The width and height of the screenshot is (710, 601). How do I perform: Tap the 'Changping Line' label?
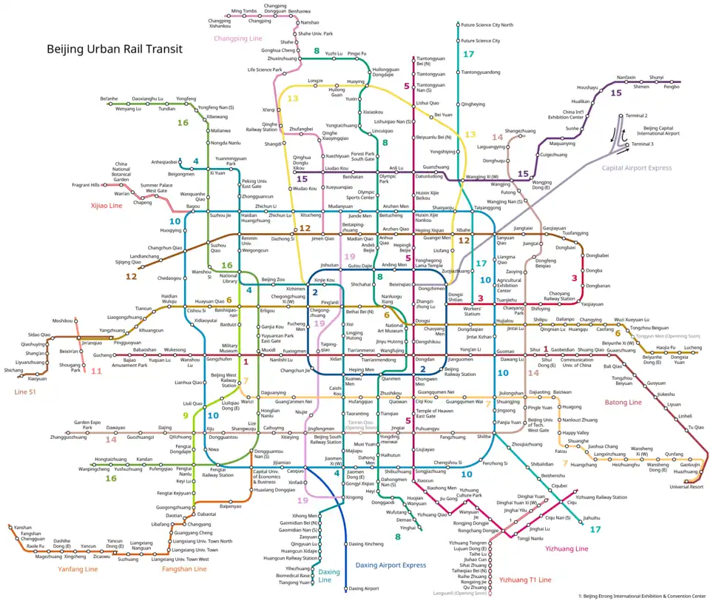point(238,38)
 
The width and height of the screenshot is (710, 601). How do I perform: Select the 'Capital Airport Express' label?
point(637,168)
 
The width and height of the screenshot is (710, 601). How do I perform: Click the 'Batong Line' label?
point(624,403)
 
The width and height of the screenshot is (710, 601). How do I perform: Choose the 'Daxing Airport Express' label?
point(390,565)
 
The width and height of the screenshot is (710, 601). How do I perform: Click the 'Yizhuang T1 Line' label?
point(525,580)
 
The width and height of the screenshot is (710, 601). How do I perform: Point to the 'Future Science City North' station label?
point(487,25)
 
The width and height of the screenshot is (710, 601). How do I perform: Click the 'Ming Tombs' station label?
point(243,11)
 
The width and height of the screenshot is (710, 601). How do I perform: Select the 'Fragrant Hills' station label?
point(85,184)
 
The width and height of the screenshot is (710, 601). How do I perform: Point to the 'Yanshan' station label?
point(23,527)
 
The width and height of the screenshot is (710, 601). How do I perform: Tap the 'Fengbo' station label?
point(671,87)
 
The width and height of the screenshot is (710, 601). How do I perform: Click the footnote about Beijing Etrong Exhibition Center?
point(642,595)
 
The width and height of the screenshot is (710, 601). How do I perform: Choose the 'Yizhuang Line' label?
point(567,548)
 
